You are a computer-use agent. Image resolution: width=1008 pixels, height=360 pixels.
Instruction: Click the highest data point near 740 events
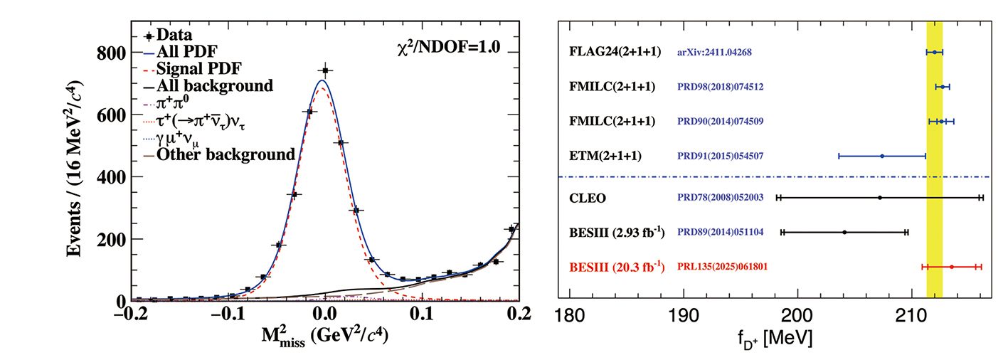[325, 70]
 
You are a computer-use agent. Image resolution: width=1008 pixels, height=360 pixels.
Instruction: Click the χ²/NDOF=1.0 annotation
[449, 48]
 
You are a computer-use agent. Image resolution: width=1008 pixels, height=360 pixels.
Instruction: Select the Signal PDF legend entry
[198, 69]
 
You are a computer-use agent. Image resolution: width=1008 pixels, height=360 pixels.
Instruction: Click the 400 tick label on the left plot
[112, 178]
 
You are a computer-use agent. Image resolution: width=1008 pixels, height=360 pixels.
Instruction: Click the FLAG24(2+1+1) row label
[616, 52]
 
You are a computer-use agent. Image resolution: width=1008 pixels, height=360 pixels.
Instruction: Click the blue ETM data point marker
[882, 156]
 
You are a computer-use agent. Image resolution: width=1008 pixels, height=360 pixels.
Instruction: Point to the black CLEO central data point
[880, 198]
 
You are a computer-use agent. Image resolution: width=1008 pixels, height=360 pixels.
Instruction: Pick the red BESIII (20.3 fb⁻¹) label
[617, 267]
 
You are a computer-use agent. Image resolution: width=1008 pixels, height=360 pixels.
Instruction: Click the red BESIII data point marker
[951, 267]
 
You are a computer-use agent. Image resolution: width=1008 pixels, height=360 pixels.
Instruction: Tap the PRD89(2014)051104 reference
[721, 232]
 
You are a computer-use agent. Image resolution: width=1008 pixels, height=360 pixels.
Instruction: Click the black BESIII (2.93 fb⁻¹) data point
[844, 232]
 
